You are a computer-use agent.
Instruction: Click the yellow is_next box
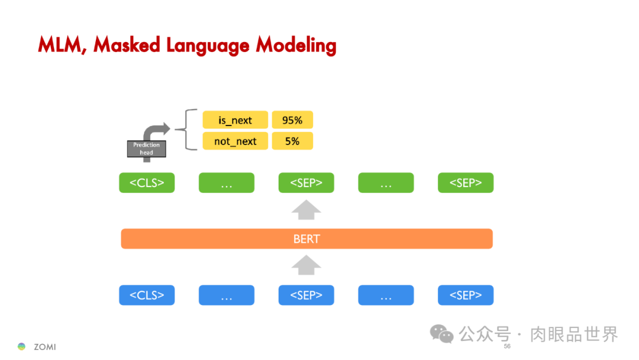click(x=235, y=120)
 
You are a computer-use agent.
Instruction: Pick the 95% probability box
click(x=292, y=120)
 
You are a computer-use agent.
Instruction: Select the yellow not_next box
click(x=235, y=141)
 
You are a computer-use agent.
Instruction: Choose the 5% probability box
click(x=292, y=141)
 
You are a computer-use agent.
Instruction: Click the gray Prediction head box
click(x=147, y=149)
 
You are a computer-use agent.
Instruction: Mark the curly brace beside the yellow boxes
click(x=189, y=130)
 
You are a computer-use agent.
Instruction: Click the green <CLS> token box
click(x=147, y=183)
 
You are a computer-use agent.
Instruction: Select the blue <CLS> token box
click(x=147, y=295)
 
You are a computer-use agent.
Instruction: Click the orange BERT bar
click(x=306, y=239)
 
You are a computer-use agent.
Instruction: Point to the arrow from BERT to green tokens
click(x=306, y=210)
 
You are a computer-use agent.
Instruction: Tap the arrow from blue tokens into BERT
click(x=306, y=266)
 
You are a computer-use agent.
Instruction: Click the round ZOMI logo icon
click(x=22, y=346)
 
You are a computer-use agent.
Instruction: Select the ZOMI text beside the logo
click(x=45, y=347)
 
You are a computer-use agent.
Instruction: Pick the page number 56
click(x=507, y=346)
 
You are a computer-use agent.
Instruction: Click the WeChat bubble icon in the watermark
click(x=441, y=334)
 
